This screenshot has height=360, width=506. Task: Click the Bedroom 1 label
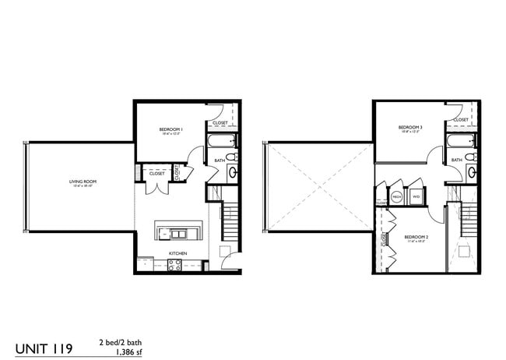click(x=170, y=129)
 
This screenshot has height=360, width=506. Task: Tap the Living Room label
click(x=82, y=182)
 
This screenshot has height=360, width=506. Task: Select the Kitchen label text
click(x=178, y=254)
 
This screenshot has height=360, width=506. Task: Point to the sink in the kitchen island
click(x=178, y=234)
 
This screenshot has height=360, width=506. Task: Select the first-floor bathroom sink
click(x=231, y=174)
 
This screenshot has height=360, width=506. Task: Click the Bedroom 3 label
click(x=409, y=128)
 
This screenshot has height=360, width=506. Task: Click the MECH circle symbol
click(x=397, y=197)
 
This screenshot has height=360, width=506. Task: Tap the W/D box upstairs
click(x=416, y=197)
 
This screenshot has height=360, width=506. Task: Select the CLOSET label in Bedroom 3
click(x=461, y=120)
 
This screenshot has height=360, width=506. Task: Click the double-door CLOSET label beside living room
click(x=156, y=173)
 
